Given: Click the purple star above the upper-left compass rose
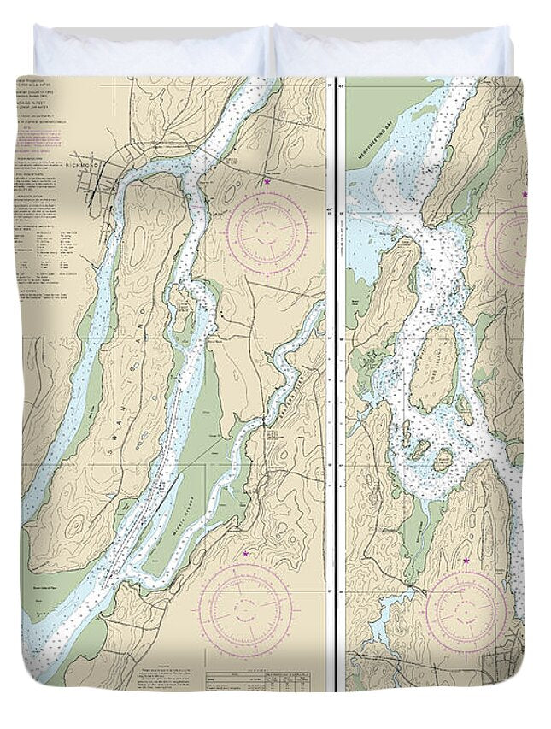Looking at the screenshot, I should pyautogui.click(x=267, y=182).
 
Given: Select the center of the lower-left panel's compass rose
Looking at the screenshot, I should pyautogui.click(x=247, y=609).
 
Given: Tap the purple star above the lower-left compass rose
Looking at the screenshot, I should pyautogui.click(x=247, y=554).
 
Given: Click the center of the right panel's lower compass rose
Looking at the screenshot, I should pyautogui.click(x=466, y=609).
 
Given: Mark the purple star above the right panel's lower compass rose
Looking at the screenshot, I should pyautogui.click(x=466, y=561).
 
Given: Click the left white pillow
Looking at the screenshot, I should pyautogui.click(x=149, y=51).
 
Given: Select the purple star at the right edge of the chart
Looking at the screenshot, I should pyautogui.click(x=525, y=194).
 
